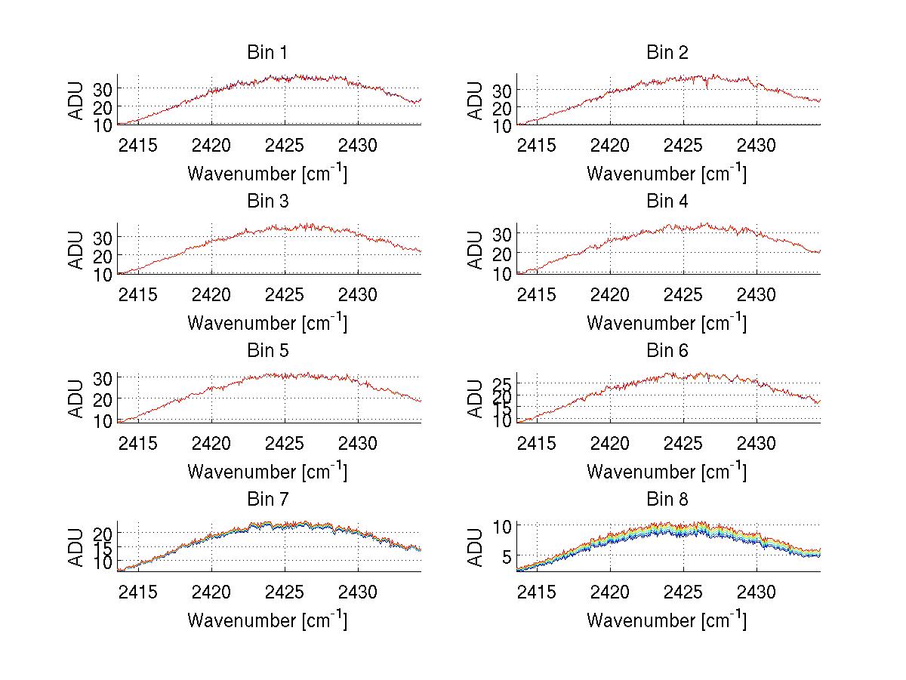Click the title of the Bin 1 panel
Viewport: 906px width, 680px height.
[x=267, y=53]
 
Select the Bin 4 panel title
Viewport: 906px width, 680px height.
[x=667, y=202]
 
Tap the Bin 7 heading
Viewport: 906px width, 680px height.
[x=267, y=500]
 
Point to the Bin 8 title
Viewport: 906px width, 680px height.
[x=667, y=500]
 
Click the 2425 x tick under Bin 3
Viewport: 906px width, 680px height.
[x=285, y=294]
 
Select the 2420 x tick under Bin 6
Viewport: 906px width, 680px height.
[x=610, y=442]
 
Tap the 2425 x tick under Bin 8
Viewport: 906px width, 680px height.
[x=683, y=591]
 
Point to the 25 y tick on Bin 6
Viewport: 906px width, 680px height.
[x=501, y=386]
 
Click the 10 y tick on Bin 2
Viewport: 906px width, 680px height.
[x=501, y=125]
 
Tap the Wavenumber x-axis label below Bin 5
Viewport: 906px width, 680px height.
[x=267, y=472]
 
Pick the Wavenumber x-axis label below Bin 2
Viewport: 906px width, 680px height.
[x=667, y=174]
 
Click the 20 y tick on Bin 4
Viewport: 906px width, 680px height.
[x=501, y=254]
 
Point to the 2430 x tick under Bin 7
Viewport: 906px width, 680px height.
[x=358, y=591]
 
